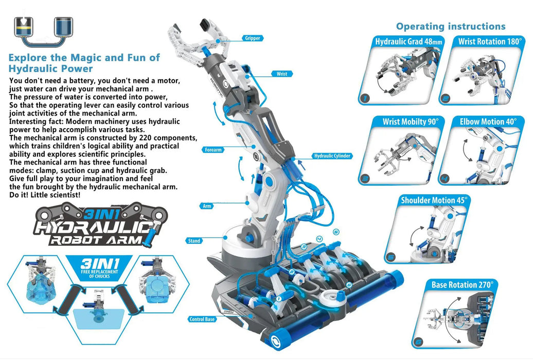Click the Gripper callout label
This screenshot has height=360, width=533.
click(253, 38)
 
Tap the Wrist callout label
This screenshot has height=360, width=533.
click(282, 74)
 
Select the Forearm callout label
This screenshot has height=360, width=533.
click(212, 150)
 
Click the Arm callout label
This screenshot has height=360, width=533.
click(207, 206)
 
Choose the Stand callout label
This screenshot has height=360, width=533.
click(194, 241)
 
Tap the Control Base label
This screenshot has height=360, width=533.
click(202, 319)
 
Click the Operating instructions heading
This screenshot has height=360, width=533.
click(451, 26)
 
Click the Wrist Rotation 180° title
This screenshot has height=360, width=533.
click(489, 42)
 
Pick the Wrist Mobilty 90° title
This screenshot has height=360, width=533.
click(410, 122)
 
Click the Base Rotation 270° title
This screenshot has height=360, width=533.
click(461, 284)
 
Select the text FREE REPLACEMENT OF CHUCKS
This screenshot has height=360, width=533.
click(100, 274)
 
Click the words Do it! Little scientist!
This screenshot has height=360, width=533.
click(44, 195)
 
